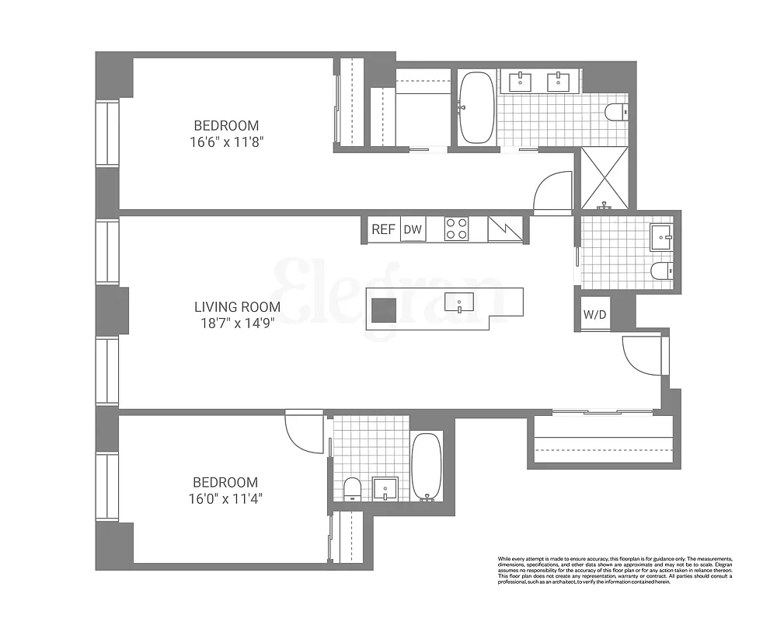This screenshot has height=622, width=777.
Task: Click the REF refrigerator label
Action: (x=384, y=229)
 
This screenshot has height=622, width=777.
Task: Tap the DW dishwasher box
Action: (x=413, y=229)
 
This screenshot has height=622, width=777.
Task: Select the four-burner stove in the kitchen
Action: (x=456, y=229)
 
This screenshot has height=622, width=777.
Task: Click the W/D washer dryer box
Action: (x=594, y=316)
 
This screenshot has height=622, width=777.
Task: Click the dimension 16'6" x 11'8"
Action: (x=226, y=142)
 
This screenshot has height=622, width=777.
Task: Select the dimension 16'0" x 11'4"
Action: (x=226, y=499)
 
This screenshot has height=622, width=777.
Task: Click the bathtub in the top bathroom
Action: (x=476, y=108)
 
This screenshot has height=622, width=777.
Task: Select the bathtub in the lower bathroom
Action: (x=426, y=466)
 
